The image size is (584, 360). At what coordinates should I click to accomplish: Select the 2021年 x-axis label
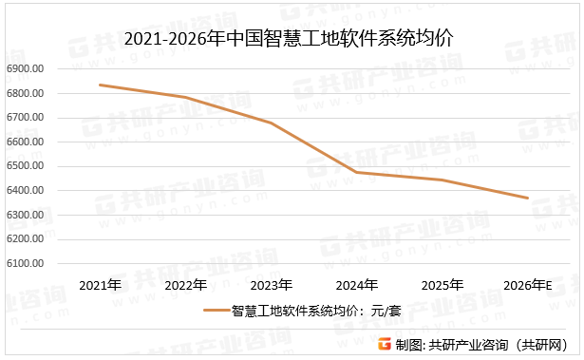pos(99,285)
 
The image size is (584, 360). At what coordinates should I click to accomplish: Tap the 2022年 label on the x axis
pos(185,285)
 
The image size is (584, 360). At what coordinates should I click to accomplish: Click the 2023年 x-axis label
pos(271,285)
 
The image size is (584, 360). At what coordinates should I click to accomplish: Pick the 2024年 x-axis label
pos(357,285)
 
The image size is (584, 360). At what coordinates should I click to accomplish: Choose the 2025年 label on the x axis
pos(443,285)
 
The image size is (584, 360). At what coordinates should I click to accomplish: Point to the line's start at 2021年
pos(100,85)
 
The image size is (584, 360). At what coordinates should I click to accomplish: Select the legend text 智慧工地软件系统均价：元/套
pos(304,310)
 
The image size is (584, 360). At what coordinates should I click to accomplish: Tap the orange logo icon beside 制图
pos(384,345)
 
